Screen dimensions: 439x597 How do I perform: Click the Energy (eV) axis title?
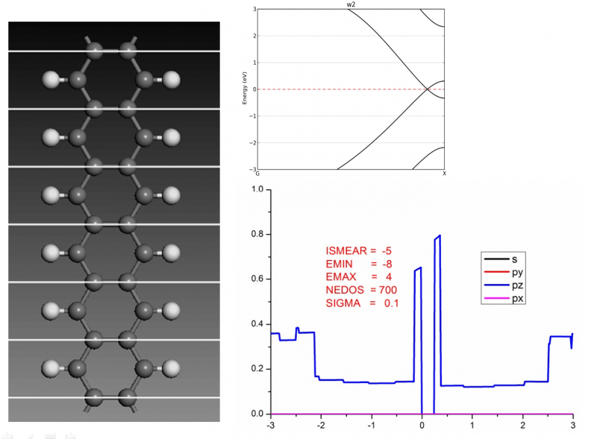click(x=245, y=89)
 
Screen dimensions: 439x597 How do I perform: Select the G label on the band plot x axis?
click(x=256, y=174)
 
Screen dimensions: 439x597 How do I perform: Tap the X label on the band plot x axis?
click(x=444, y=174)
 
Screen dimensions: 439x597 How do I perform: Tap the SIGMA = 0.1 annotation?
click(x=357, y=303)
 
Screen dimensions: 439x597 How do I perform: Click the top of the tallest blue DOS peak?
click(x=440, y=236)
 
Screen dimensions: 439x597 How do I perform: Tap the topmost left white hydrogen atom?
click(x=51, y=78)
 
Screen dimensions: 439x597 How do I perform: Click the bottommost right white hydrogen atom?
click(x=172, y=367)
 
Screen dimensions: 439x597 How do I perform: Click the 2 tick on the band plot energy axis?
click(x=254, y=36)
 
